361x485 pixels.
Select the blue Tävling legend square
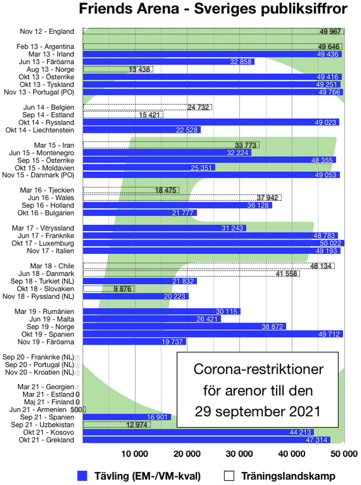82,476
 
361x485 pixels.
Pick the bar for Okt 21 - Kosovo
199,433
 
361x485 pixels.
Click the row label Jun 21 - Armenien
44,410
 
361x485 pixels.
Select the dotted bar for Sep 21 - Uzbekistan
116,425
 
